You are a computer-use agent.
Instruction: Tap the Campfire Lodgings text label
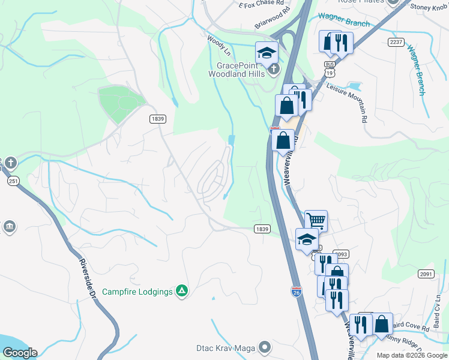click(137, 292)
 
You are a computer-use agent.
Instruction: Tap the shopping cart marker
click(316, 220)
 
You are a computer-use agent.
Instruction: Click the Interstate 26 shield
click(296, 291)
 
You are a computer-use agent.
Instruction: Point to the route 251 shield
click(12, 180)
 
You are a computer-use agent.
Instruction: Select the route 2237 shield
click(396, 42)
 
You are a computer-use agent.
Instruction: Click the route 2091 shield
click(426, 274)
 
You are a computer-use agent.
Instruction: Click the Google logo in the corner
click(20, 352)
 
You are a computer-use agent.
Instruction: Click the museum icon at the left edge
click(9, 226)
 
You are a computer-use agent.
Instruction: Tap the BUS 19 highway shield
click(329, 67)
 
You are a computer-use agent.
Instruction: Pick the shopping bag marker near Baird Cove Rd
click(382, 324)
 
